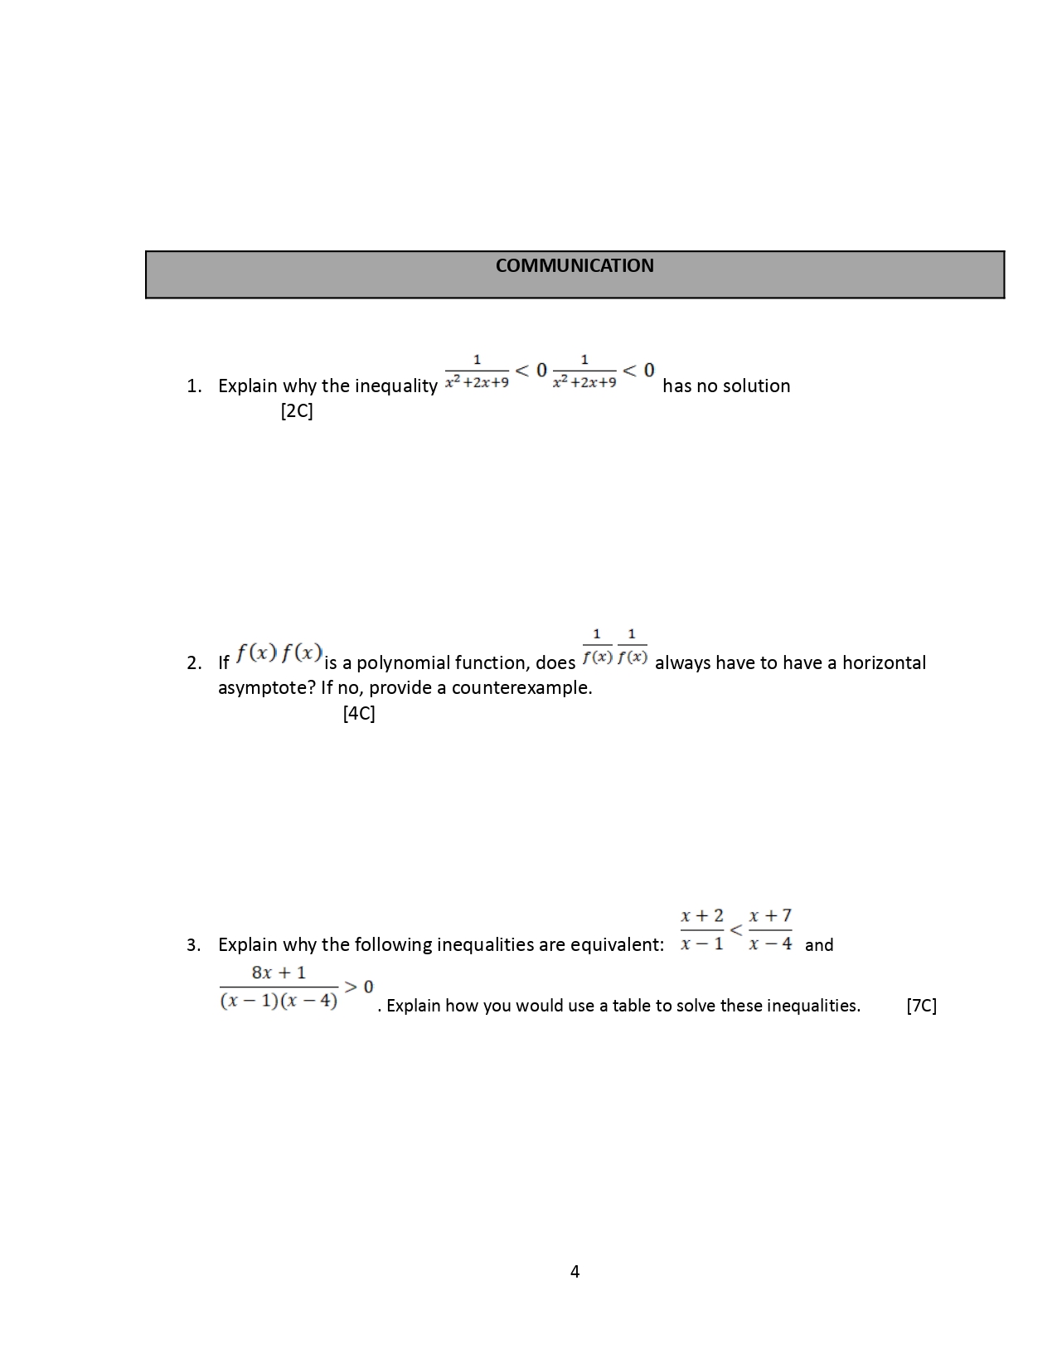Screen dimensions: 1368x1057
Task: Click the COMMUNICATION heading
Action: coord(575,266)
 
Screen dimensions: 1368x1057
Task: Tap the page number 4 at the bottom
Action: coord(575,1271)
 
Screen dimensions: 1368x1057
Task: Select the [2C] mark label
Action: coord(297,411)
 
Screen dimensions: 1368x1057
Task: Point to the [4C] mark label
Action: coord(359,713)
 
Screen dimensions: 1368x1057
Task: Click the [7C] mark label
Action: coord(921,1006)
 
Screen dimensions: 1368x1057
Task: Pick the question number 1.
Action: coord(193,386)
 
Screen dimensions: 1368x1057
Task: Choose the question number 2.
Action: coord(193,663)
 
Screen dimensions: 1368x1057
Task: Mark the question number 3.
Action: coord(193,945)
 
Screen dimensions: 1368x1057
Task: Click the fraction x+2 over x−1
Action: coord(702,929)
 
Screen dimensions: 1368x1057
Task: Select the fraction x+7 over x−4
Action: coord(770,929)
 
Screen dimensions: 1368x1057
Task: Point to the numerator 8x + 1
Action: coord(279,973)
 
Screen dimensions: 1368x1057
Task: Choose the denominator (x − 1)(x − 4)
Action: coord(279,1001)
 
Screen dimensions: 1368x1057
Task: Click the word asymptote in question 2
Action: coord(265,688)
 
